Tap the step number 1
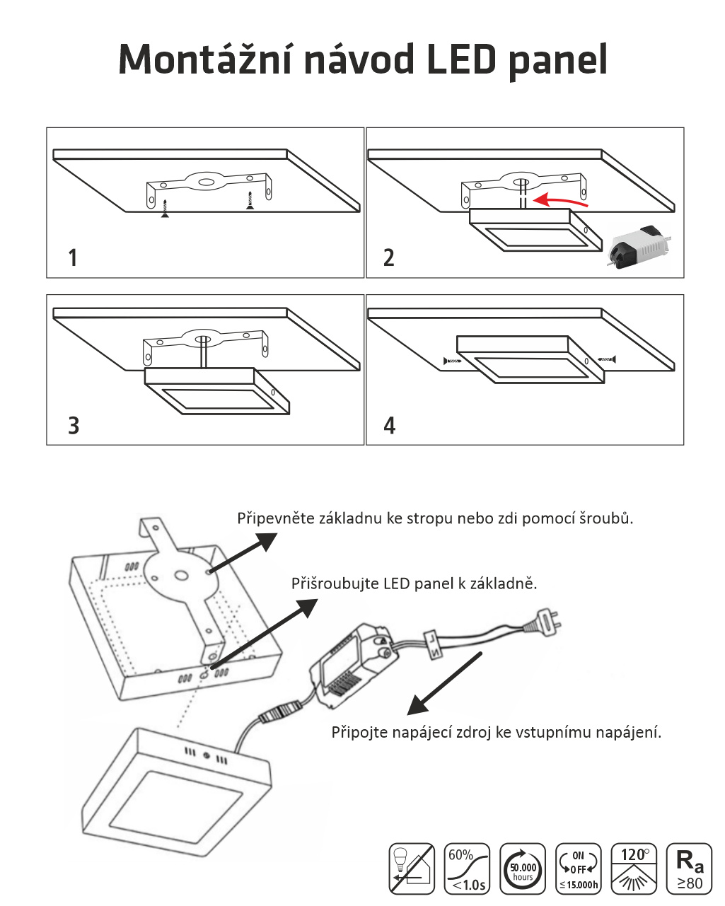73,257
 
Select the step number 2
388,257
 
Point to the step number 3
74,425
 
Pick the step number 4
390,425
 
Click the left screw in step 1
165,209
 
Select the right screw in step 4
607,359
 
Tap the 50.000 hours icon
523,869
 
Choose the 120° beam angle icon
634,869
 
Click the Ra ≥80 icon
689,869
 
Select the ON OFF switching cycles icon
578,869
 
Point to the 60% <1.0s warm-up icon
467,869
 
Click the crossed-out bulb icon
412,869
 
